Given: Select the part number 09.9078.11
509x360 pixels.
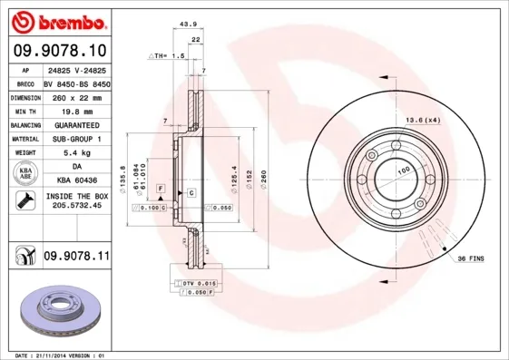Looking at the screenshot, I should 76,257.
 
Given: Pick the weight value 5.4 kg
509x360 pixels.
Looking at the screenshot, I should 76,153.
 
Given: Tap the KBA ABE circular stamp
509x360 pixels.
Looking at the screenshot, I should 24,174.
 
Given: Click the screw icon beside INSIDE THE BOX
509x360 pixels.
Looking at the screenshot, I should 23,200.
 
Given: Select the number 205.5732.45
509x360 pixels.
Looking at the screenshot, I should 76,207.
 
